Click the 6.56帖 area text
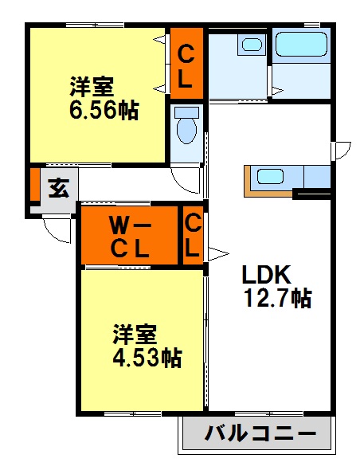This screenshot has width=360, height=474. [x=103, y=111]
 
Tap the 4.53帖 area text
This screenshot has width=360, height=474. [x=146, y=358]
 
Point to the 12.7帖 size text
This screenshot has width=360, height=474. [x=276, y=299]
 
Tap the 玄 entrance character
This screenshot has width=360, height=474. [x=58, y=189]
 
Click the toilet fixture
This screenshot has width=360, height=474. [x=187, y=127]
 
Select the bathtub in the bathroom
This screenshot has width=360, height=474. [x=300, y=45]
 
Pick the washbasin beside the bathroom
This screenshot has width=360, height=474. [x=252, y=46]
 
